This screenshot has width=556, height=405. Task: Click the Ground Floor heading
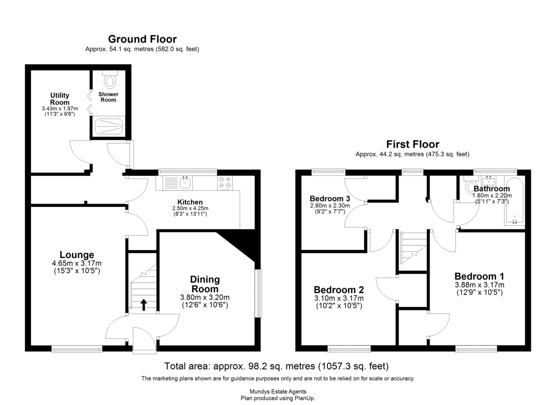142,39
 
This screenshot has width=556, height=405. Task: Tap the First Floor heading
412,144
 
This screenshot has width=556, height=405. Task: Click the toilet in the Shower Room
110,79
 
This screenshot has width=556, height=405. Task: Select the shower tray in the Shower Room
109,127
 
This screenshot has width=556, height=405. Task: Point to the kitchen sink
185,183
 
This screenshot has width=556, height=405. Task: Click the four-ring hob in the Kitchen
225,183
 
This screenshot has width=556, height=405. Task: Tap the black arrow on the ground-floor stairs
144,305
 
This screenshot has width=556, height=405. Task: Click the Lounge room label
77,255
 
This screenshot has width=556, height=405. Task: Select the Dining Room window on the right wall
259,294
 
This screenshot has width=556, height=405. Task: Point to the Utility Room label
60,99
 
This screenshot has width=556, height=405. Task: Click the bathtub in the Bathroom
514,201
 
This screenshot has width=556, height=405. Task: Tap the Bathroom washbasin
488,181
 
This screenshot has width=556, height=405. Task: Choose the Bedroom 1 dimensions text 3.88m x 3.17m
479,285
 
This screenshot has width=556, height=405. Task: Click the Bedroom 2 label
339,289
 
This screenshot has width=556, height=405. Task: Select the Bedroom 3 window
329,172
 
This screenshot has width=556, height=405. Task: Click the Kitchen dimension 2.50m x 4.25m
190,208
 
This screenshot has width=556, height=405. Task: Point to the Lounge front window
77,349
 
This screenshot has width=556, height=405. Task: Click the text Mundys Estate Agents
278,392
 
